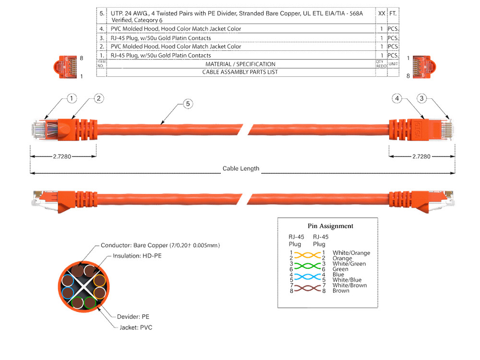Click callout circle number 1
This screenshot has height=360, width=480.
(71, 98)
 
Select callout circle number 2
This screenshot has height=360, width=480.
(98, 98)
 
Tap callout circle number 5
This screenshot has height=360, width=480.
(188, 104)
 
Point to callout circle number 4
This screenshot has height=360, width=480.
(396, 98)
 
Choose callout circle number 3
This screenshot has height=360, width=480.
(422, 98)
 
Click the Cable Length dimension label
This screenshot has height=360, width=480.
(241, 168)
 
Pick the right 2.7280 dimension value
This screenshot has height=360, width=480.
(421, 156)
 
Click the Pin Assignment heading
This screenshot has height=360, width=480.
(330, 226)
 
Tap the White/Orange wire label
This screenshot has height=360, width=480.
(351, 253)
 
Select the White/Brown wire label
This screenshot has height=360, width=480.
(349, 285)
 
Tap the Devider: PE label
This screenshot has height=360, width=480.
(133, 317)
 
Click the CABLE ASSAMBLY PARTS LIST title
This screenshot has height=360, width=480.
(240, 72)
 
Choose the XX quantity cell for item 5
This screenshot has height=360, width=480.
(382, 14)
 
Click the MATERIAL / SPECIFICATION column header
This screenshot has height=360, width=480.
(240, 64)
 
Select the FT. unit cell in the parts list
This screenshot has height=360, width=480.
(393, 14)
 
